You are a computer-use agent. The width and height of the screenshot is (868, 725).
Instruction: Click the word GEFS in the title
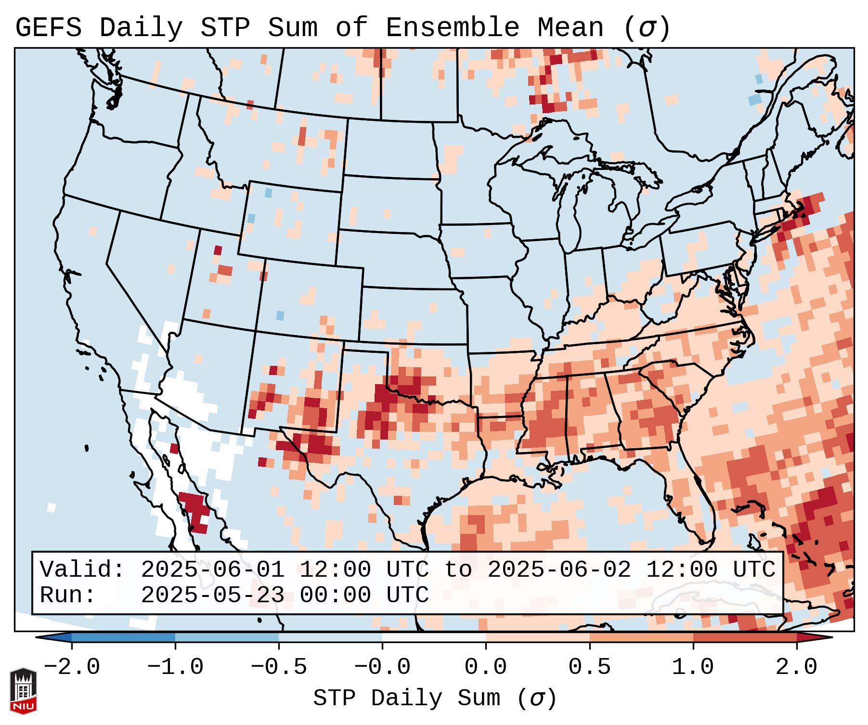[x=48, y=28]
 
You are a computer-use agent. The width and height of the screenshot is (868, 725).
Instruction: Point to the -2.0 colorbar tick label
[x=72, y=667]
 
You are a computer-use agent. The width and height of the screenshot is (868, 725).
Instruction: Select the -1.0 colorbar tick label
[x=175, y=667]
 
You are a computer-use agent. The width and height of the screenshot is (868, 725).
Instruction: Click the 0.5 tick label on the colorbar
[x=589, y=667]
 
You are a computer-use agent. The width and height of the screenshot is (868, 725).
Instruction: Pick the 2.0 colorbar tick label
[x=797, y=667]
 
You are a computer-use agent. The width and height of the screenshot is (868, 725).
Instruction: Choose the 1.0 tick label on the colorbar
[x=693, y=667]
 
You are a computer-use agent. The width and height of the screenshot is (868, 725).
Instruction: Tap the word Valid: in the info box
[x=82, y=570]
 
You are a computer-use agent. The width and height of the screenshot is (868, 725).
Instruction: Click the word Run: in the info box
[x=68, y=595]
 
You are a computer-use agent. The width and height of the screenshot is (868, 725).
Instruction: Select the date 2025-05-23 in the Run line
[x=212, y=595]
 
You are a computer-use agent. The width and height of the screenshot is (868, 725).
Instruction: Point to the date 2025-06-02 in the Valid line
[x=559, y=570]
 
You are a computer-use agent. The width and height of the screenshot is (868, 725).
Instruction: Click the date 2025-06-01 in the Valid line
[x=212, y=570]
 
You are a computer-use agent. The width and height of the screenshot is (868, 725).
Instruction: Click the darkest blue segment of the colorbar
[x=123, y=637]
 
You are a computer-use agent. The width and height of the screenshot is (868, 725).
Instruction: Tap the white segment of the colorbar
[x=434, y=637]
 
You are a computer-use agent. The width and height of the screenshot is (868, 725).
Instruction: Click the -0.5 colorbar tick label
[x=279, y=667]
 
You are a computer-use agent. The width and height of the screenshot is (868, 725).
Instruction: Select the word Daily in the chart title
[x=141, y=28]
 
